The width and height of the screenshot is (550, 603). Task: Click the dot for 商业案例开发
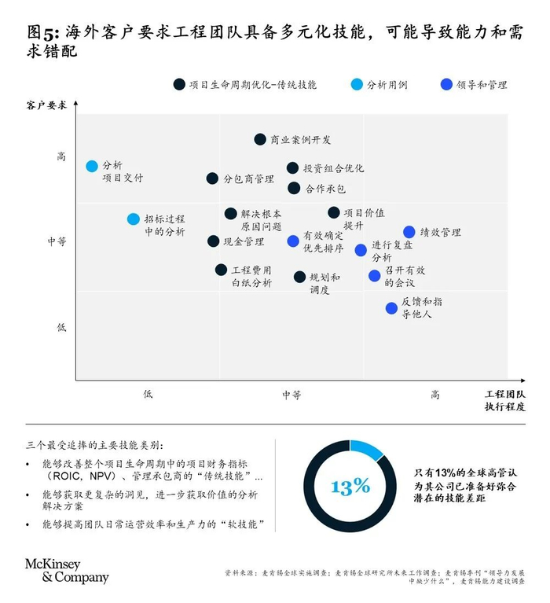[260, 139]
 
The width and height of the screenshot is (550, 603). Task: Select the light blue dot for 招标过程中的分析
[134, 219]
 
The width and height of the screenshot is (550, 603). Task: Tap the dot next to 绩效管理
[409, 232]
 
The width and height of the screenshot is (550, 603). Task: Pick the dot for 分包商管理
[212, 178]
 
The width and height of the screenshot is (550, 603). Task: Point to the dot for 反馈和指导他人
[391, 308]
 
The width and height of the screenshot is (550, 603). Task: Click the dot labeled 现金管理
[213, 241]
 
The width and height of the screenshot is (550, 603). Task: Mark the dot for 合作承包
[294, 188]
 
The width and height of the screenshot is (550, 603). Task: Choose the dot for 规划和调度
[300, 277]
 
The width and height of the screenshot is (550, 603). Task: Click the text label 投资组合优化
[334, 168]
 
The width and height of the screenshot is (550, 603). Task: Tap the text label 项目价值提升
[364, 219]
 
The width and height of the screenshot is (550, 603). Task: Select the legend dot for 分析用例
[357, 84]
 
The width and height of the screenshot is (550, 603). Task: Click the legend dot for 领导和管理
[446, 84]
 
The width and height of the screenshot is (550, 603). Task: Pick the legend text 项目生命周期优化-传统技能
[253, 85]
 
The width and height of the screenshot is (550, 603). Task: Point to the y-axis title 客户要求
[46, 105]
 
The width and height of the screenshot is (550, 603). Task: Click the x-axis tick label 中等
[291, 395]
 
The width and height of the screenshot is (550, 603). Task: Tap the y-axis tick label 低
[61, 327]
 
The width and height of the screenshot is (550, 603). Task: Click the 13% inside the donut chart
[350, 487]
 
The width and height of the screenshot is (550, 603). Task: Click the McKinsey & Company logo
[67, 571]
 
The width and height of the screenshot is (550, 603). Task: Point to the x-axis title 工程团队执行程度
[505, 400]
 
